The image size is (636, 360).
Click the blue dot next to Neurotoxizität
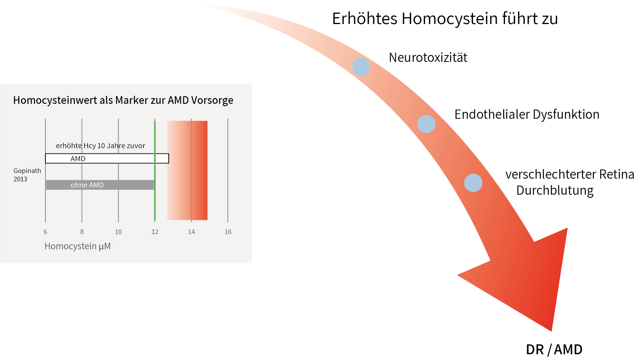click(x=361, y=67)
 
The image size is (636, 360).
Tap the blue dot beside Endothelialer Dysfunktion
click(x=426, y=124)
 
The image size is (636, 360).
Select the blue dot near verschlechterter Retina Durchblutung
click(x=473, y=183)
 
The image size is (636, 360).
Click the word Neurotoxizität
click(x=428, y=58)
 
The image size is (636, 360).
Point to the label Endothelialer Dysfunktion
click(x=526, y=115)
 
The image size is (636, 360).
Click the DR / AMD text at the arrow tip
click(x=554, y=349)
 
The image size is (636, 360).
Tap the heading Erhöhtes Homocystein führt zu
click(x=445, y=19)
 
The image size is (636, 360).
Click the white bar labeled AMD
click(x=107, y=158)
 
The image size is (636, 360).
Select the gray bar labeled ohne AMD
click(x=99, y=185)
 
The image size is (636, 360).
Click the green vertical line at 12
click(x=155, y=202)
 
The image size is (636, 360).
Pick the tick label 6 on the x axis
click(x=45, y=232)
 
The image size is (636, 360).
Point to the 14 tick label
click(x=191, y=232)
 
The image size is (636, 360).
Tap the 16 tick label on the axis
click(x=228, y=232)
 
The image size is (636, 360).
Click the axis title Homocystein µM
click(x=77, y=246)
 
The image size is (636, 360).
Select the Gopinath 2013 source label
click(x=27, y=175)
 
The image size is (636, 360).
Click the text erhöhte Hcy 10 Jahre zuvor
click(x=100, y=146)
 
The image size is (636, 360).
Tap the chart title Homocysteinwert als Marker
click(x=123, y=100)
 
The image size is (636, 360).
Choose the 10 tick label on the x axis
click(x=118, y=232)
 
